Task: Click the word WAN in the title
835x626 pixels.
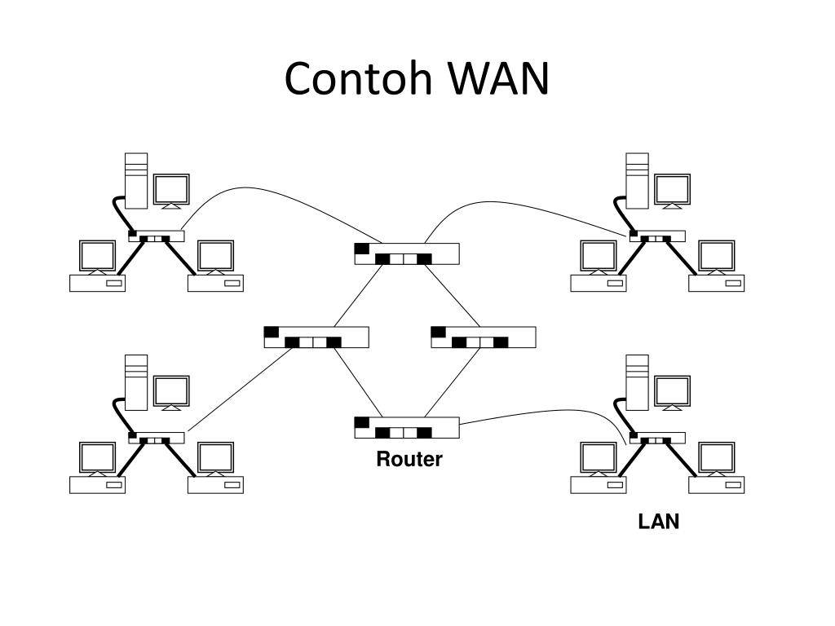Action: (498, 78)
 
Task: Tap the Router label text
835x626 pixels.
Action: (409, 459)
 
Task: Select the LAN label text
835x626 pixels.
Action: (658, 522)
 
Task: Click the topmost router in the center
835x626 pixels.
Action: (407, 253)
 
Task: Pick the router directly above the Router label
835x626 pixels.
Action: (407, 427)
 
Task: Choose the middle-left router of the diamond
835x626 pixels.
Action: (316, 337)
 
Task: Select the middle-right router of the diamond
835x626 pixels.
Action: (483, 337)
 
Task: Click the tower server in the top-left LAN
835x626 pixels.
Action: (136, 180)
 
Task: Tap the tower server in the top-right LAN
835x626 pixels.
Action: (637, 180)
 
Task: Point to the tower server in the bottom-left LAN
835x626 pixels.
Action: (136, 382)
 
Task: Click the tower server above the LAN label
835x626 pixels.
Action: (637, 382)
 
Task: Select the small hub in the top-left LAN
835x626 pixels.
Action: (157, 236)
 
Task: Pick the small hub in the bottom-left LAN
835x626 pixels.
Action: (157, 438)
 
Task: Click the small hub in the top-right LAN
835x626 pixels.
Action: (658, 236)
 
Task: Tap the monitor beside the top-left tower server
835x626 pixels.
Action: (171, 191)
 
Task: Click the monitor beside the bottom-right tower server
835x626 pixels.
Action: (673, 392)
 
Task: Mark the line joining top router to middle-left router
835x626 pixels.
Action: (359, 295)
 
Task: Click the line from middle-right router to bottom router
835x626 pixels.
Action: (453, 382)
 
